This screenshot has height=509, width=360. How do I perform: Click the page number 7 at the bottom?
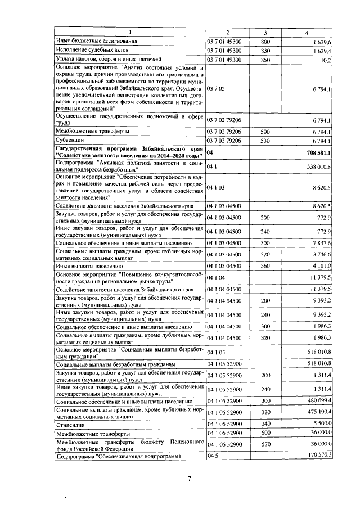click(x=190, y=479)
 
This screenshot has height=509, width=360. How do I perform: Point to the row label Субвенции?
click(x=70, y=139)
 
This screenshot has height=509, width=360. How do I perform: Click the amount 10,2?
click(x=325, y=59)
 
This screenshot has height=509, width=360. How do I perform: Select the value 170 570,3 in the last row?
click(x=317, y=455)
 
